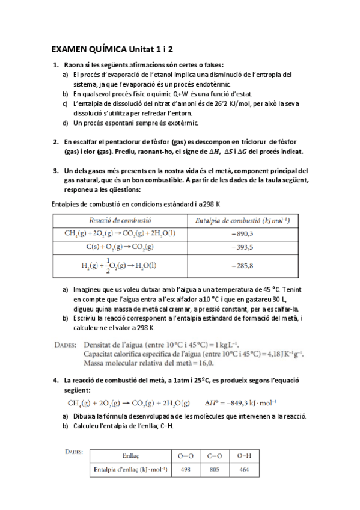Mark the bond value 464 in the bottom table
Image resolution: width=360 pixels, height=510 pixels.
coord(245,470)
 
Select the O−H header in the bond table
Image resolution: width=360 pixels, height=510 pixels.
coord(245,455)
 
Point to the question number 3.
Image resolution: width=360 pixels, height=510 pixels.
coord(55,170)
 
